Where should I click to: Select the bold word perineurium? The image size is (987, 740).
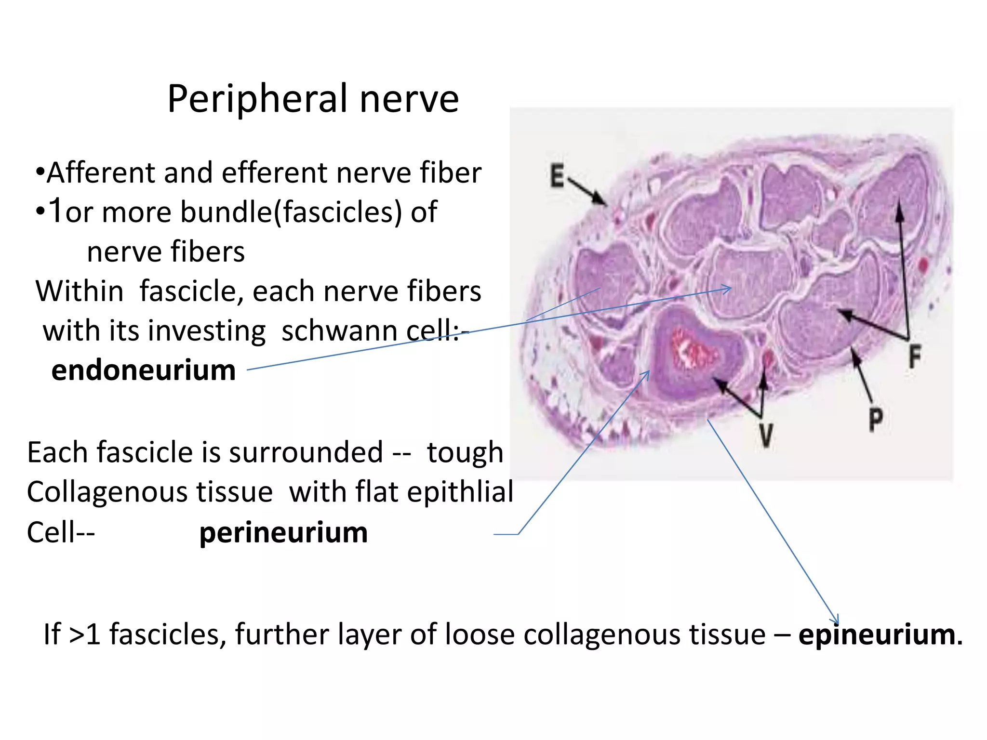coord(283,533)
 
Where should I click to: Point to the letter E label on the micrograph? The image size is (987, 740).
coord(557,175)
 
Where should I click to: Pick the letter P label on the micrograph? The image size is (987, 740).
coord(876,420)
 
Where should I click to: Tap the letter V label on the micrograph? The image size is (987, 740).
coord(766,436)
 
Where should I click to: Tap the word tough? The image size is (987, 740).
coord(465,453)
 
